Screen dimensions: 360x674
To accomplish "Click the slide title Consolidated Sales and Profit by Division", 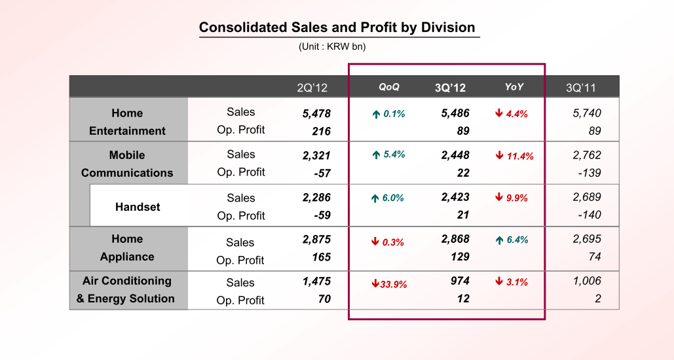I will [x=337, y=27].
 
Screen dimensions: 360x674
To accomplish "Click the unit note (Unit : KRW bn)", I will [x=332, y=46].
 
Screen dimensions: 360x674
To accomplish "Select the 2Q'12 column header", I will [x=312, y=88].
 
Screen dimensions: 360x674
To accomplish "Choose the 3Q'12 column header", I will [x=450, y=88].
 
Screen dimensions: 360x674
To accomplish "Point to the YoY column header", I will [x=514, y=87].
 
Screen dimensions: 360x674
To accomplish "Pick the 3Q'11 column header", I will [x=581, y=88].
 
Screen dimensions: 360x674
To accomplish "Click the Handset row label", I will [x=138, y=207].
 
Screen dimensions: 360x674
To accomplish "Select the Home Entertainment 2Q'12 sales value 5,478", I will [x=316, y=113].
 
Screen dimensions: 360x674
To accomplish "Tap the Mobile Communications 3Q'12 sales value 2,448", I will [x=455, y=156].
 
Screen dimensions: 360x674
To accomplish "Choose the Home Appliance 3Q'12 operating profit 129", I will [x=460, y=257].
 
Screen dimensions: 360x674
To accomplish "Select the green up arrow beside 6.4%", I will [x=499, y=240].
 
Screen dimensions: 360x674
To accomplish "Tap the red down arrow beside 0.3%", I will [x=375, y=242].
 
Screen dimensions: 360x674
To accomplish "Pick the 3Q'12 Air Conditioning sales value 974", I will [x=460, y=281].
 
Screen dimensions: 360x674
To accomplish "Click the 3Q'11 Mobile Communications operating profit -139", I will [x=590, y=173].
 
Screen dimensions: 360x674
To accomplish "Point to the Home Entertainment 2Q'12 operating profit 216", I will [x=321, y=131].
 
